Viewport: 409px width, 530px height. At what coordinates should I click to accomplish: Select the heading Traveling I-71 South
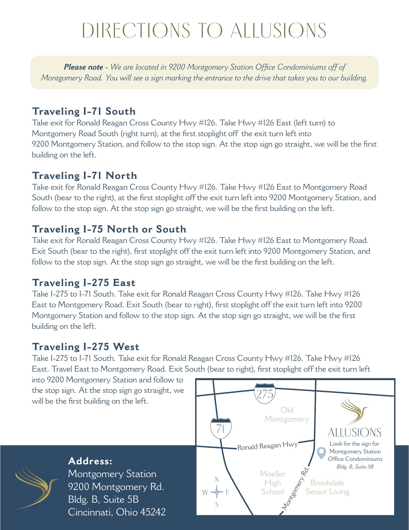click(x=84, y=111)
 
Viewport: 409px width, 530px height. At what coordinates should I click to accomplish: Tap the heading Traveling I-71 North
click(x=85, y=176)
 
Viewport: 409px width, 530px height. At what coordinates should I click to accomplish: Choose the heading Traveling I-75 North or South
click(x=109, y=229)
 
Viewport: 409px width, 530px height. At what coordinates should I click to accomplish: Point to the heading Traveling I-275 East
click(x=84, y=283)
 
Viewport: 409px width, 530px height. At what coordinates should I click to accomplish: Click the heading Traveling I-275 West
click(x=86, y=347)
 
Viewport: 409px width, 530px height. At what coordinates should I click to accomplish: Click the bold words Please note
click(x=84, y=67)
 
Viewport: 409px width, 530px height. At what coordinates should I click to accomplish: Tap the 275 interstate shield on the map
click(x=265, y=394)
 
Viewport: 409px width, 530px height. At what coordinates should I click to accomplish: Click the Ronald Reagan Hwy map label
click(x=268, y=446)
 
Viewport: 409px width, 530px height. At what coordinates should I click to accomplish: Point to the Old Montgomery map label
click(x=287, y=415)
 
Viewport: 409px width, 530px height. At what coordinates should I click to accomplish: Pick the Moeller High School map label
click(x=273, y=483)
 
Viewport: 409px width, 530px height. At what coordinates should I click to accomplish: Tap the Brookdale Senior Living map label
click(x=327, y=487)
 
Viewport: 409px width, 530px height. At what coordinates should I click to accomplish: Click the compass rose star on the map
click(x=217, y=492)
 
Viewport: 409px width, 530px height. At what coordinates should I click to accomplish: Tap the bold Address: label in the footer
click(x=90, y=461)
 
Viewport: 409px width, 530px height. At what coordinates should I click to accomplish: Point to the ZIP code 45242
click(x=153, y=512)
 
